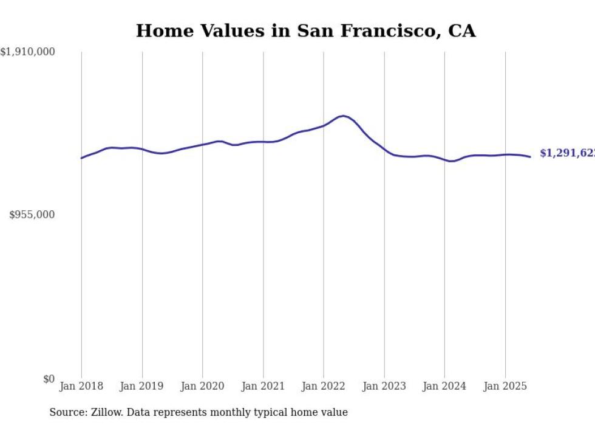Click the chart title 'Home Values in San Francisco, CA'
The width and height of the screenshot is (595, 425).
point(305,30)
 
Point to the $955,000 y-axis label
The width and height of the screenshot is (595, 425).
point(32,215)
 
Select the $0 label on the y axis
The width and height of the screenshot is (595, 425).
point(49,379)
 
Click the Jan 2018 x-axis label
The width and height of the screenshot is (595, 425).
point(81,386)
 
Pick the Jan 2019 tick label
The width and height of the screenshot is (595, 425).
point(142,386)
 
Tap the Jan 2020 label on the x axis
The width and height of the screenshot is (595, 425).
point(202,386)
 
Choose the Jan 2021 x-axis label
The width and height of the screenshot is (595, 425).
point(263,386)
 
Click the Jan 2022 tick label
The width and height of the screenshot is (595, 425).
point(324,386)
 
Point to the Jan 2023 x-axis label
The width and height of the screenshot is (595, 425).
point(384,386)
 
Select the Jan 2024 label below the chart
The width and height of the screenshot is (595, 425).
point(444,386)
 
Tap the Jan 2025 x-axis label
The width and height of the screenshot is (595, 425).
point(505,386)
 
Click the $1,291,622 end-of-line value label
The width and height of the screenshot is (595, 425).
point(566,153)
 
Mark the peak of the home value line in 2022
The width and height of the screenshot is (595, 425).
point(344,116)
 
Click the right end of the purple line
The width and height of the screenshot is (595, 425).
point(530,157)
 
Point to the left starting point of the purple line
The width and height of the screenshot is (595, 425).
point(81,158)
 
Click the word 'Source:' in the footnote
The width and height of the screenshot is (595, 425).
point(66,413)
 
